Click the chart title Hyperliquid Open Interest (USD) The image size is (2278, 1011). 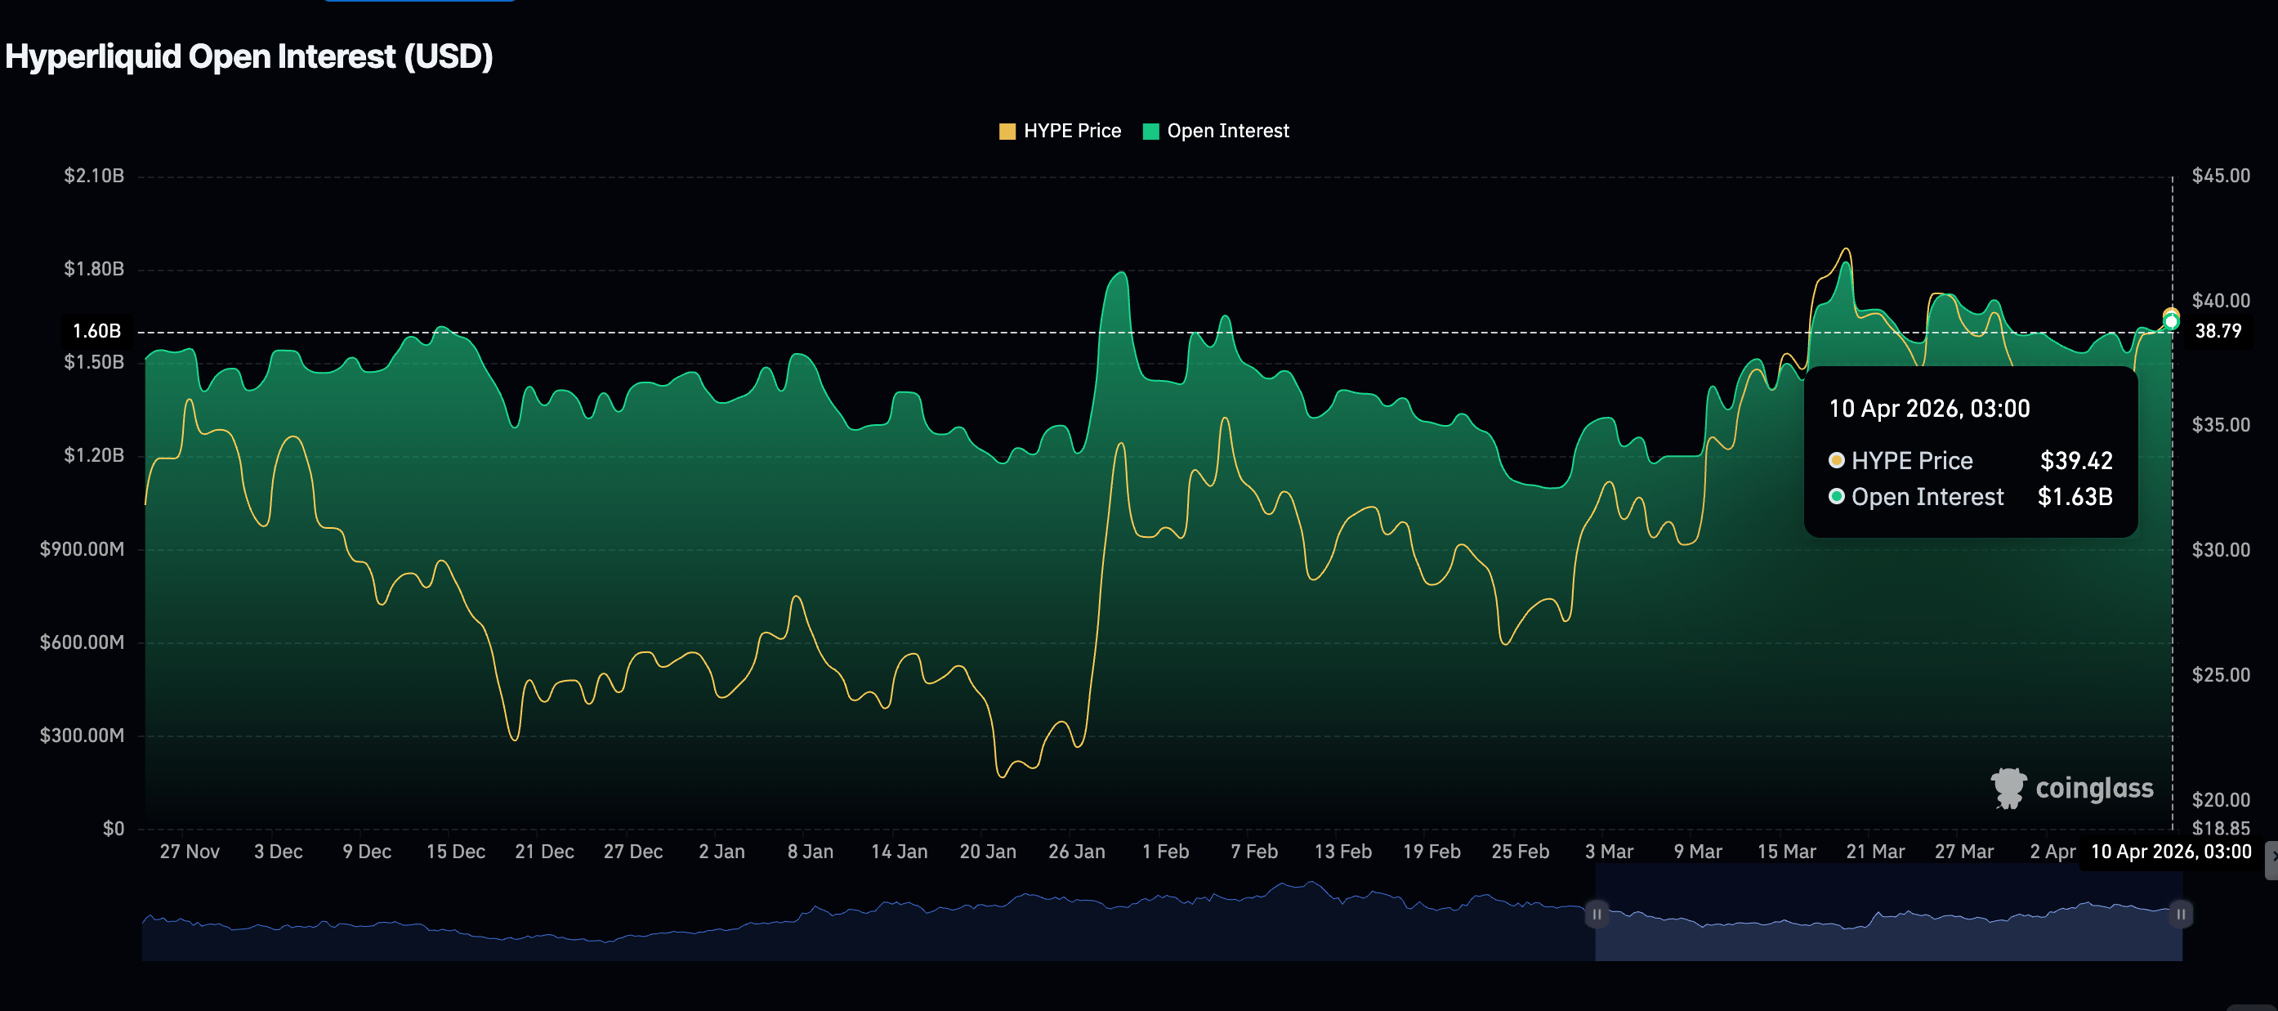[249, 56]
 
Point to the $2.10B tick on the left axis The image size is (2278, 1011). [94, 175]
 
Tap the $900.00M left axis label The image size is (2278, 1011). [83, 548]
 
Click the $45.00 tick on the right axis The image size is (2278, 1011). [2220, 175]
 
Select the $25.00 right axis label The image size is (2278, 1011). [2220, 674]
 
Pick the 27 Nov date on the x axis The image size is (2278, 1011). [190, 851]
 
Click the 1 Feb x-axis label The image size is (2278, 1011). [1164, 851]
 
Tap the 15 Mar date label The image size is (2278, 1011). [1785, 851]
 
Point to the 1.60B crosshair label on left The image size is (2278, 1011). [96, 331]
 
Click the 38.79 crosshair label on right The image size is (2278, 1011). [2217, 331]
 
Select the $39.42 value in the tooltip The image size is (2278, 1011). [2075, 460]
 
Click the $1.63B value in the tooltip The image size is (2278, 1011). [2074, 496]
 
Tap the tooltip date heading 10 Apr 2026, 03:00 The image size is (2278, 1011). [1928, 408]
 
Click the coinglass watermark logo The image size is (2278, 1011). [2072, 787]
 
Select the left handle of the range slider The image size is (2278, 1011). [1597, 914]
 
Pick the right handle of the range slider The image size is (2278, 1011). [2180, 914]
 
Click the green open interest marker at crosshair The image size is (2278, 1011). [2171, 322]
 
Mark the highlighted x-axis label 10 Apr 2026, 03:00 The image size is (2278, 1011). [2170, 851]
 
